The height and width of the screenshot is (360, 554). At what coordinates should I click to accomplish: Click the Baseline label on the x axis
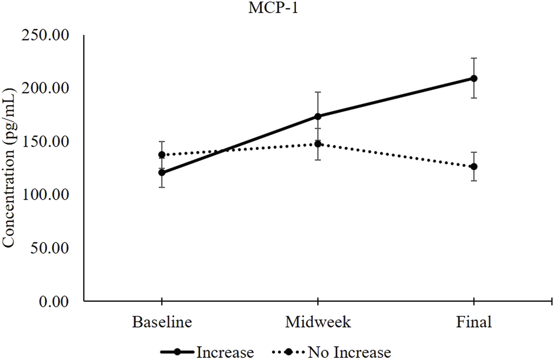[x=161, y=322]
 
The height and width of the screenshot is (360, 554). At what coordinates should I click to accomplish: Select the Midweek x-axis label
[x=318, y=322]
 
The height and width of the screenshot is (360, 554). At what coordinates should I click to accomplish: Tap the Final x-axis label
[x=474, y=322]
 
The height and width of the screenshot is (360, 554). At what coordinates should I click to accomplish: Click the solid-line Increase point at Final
[x=474, y=78]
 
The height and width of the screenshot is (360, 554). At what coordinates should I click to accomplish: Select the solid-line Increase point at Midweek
[x=318, y=116]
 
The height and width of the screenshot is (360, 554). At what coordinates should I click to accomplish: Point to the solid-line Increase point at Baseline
[x=162, y=173]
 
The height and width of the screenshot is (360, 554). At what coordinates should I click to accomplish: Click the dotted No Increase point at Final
[x=474, y=166]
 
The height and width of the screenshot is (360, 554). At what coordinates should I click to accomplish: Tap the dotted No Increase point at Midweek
[x=318, y=144]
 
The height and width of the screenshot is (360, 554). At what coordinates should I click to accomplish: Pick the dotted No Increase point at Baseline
[x=162, y=155]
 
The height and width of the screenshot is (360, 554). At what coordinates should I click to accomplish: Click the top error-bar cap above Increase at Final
[x=474, y=58]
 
